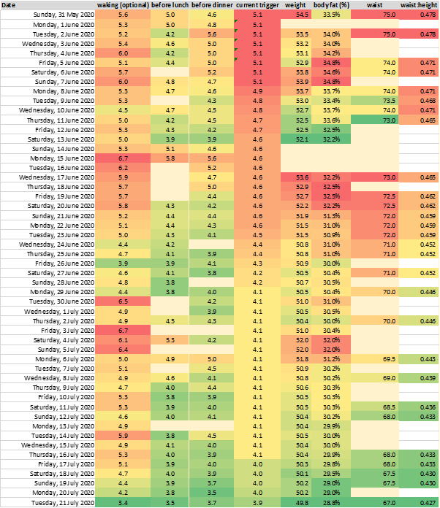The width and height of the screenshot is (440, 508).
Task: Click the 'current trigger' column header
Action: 256,4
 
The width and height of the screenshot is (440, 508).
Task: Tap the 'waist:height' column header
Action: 419,4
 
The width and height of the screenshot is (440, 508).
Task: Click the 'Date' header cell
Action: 10,4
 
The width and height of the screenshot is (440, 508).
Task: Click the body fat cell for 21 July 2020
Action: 330,502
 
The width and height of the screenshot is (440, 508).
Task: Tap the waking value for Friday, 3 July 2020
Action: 123,329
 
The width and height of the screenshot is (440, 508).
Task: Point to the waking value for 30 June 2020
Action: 123,301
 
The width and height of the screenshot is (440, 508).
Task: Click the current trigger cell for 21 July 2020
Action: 257,502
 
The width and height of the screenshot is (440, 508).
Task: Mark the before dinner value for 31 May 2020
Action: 211,14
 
